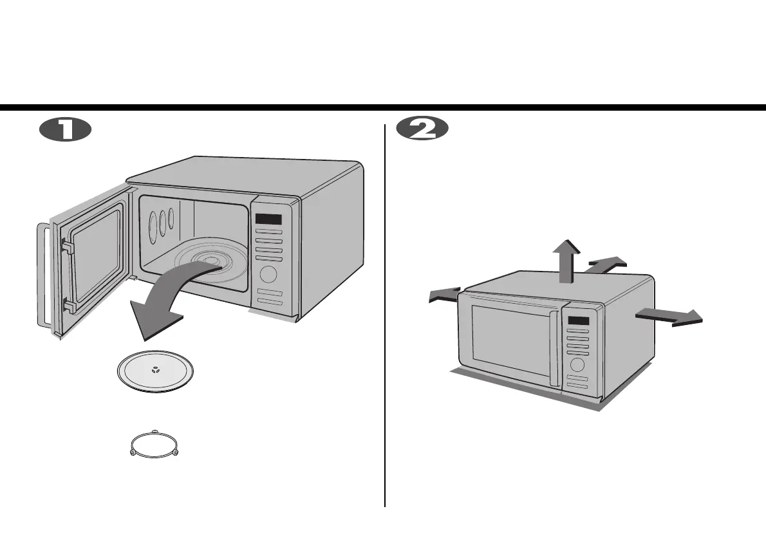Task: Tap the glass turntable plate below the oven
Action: click(155, 373)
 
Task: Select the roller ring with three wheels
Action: click(154, 443)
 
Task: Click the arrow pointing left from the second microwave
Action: click(445, 294)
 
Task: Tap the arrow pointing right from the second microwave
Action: click(669, 316)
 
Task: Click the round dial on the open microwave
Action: click(268, 275)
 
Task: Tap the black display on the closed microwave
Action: click(579, 321)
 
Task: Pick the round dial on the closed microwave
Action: click(577, 365)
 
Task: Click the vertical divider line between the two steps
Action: click(385, 315)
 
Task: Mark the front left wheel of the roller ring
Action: click(133, 453)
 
